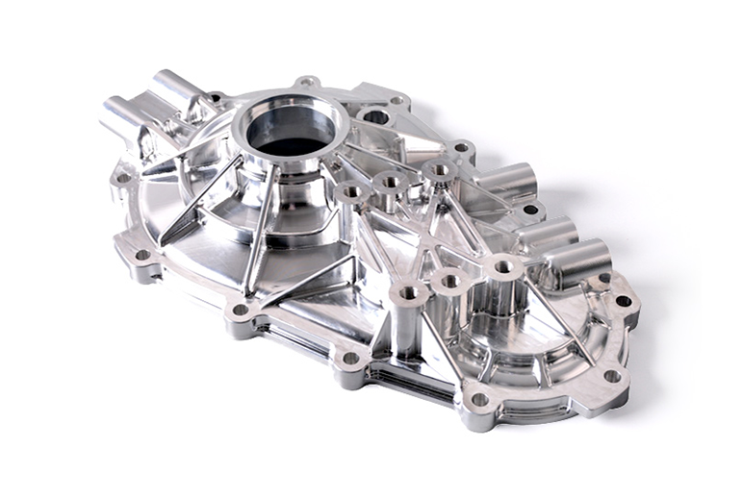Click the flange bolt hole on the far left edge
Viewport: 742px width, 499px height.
(x=122, y=178)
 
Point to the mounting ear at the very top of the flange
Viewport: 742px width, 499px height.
(x=307, y=83)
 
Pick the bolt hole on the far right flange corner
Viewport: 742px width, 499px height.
(x=623, y=301)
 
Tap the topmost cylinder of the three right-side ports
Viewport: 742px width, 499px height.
(x=507, y=180)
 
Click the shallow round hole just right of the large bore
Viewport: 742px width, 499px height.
(x=375, y=117)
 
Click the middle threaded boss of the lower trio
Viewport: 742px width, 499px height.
(x=449, y=283)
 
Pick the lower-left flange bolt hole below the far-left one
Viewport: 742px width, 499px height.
(x=143, y=256)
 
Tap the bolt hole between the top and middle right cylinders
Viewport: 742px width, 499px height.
(x=529, y=209)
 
